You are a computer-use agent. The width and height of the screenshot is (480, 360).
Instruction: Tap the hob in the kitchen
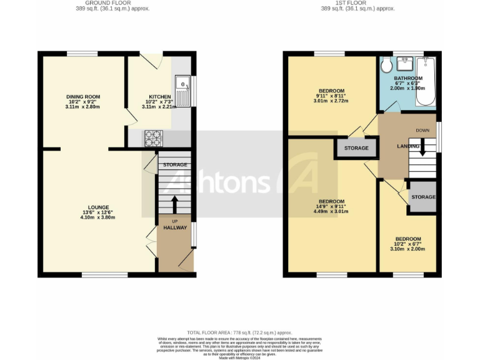pos(154,137)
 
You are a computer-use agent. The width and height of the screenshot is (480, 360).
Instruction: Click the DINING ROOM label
pos(83,97)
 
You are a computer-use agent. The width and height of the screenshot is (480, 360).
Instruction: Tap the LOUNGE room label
pos(98,207)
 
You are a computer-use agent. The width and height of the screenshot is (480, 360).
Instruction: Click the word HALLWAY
pos(175,228)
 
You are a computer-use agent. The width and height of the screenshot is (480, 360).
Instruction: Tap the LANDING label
pos(409,146)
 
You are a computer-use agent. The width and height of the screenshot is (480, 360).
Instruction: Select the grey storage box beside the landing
pos(357,148)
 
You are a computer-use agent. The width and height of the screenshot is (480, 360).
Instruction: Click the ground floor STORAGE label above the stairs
pos(175,165)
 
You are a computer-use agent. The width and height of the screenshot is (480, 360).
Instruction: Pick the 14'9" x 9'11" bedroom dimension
pos(331,207)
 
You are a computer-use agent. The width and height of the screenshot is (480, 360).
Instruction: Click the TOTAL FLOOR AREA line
pos(239,332)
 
